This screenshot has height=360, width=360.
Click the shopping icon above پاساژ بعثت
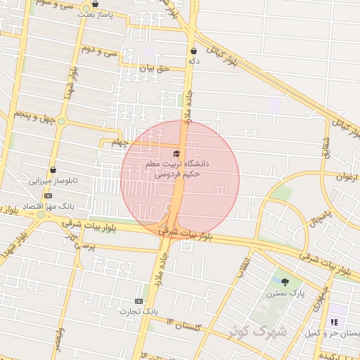click(x=95, y=4)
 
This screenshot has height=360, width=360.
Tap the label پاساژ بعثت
click(x=94, y=14)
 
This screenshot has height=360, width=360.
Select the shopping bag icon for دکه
click(x=193, y=51)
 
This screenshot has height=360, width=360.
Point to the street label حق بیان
click(x=155, y=69)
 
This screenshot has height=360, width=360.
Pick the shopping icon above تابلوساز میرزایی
click(x=53, y=169)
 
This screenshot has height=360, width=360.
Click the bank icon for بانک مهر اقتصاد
click(x=48, y=195)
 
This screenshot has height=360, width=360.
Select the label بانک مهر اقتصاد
click(x=48, y=206)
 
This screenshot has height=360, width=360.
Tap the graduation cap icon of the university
click(x=176, y=153)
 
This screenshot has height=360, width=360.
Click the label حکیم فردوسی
click(x=176, y=172)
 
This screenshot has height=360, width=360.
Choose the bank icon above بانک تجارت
click(x=139, y=301)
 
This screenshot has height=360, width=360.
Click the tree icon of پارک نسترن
click(x=285, y=282)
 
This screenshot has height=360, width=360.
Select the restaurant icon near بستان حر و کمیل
click(x=334, y=322)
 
